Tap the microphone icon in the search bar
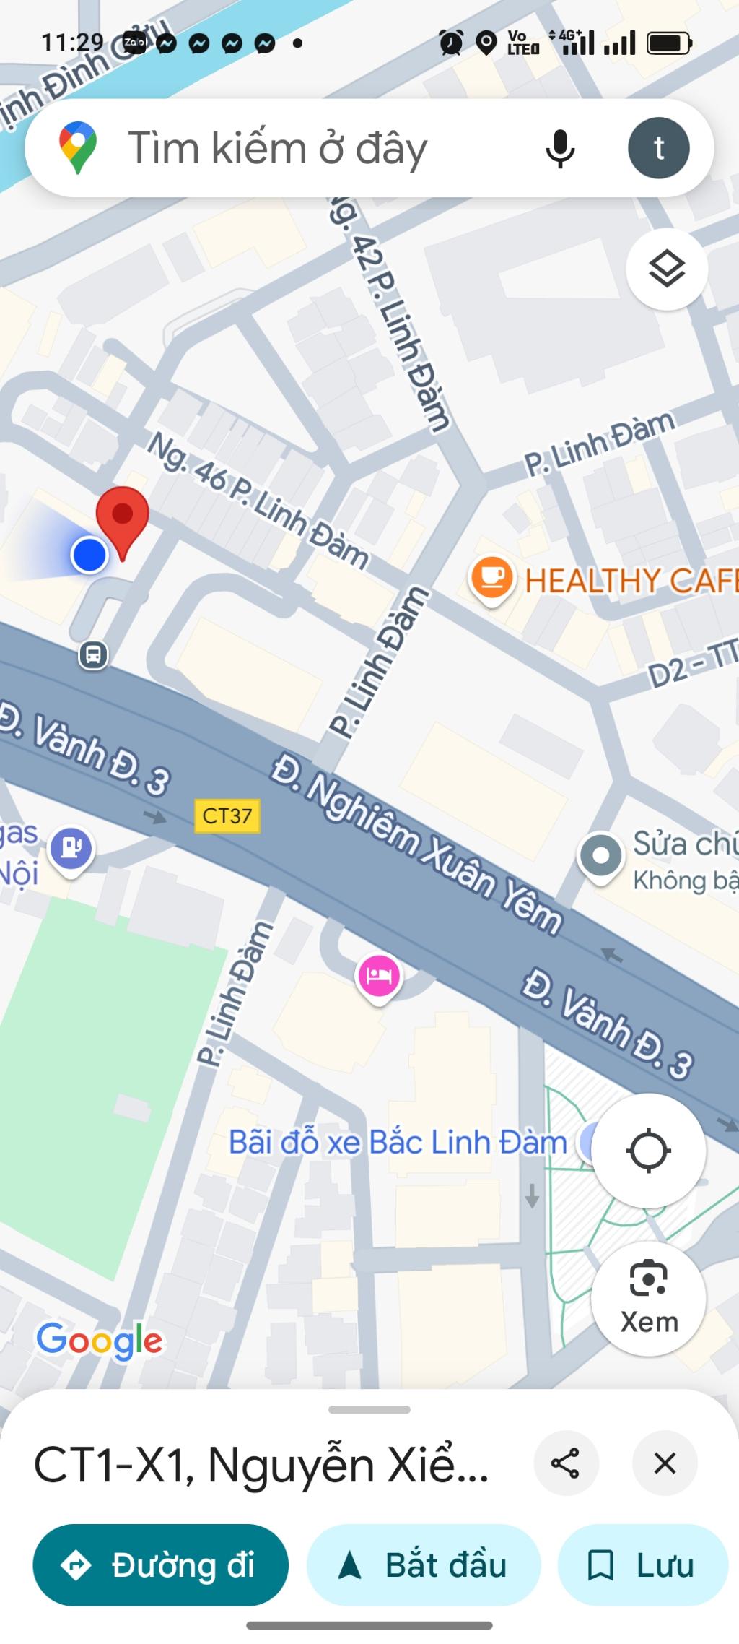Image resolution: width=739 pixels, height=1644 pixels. point(559,148)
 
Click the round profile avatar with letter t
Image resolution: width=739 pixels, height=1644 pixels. point(658,148)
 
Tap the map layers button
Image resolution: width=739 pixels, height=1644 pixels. point(666,269)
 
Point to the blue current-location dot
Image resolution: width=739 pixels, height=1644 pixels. point(89,555)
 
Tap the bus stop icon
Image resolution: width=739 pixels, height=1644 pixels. point(93,655)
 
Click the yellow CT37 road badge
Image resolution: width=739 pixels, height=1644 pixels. point(227,816)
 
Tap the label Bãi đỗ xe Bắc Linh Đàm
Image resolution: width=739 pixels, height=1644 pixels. point(398,1143)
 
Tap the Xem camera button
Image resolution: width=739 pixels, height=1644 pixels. point(648,1297)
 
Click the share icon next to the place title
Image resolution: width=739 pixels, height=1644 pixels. point(565,1464)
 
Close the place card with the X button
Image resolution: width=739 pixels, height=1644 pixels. point(664,1464)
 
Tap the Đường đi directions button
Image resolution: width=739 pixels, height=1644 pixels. point(160,1565)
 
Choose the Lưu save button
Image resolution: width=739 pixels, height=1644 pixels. point(642,1565)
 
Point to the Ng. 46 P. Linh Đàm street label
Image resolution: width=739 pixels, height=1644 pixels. point(258,500)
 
